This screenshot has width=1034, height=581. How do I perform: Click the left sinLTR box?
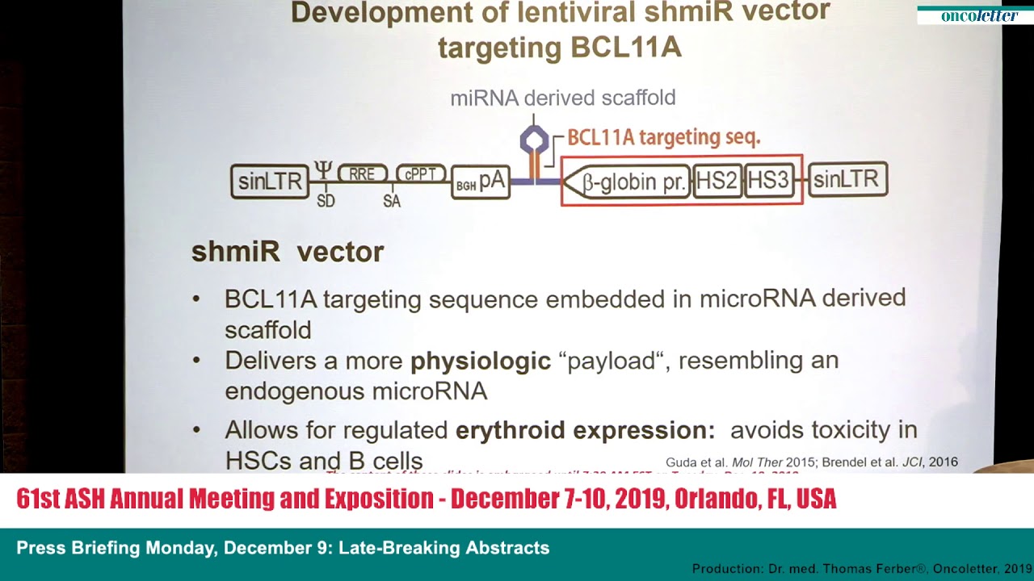click(x=270, y=182)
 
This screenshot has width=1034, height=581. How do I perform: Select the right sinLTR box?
click(x=847, y=180)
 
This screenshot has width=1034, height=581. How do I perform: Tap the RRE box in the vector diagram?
click(x=363, y=173)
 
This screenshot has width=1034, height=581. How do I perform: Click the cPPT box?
click(x=421, y=173)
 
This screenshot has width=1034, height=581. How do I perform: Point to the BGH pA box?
click(x=481, y=182)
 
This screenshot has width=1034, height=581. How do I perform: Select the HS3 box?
click(x=768, y=181)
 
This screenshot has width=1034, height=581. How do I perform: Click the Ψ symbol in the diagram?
click(x=323, y=170)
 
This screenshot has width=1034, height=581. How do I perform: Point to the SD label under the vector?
click(x=326, y=201)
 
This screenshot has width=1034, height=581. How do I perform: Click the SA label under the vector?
click(x=392, y=201)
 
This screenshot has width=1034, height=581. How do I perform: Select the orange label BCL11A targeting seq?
click(x=663, y=137)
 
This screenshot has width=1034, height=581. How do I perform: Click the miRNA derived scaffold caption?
click(x=563, y=98)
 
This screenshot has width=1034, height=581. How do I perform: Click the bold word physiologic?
click(x=481, y=361)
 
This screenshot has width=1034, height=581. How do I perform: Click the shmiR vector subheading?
click(x=288, y=252)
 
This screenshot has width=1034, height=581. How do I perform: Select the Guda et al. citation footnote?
click(x=811, y=462)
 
